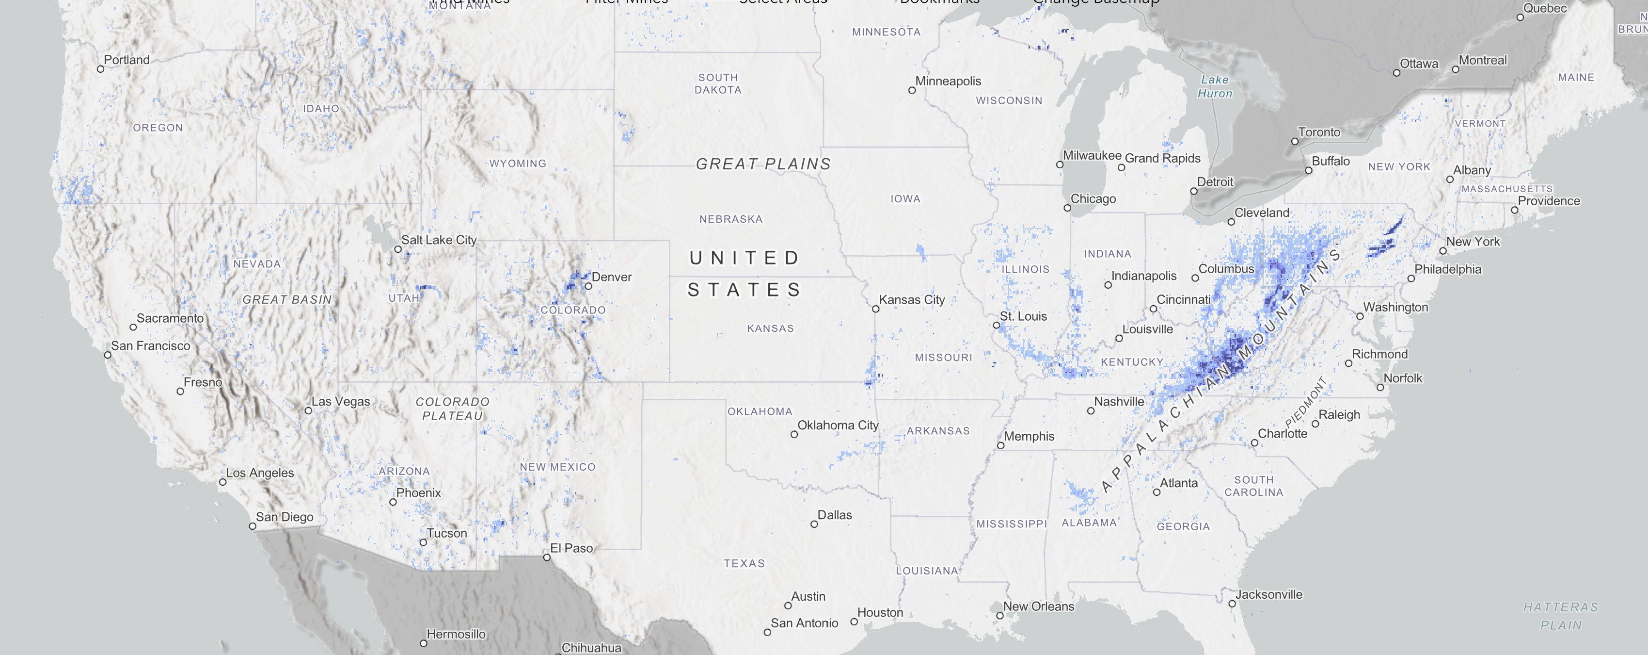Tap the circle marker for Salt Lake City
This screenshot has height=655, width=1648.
pos(398,249)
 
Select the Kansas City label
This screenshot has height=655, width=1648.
pos(911,300)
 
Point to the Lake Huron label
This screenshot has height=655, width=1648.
pos(1214,86)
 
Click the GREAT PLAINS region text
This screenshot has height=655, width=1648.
pos(763,164)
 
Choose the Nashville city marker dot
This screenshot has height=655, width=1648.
pos(1091,411)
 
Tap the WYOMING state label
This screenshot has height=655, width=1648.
pos(518,164)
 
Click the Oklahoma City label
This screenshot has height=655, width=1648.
pos(838,425)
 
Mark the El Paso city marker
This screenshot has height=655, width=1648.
pos(547,557)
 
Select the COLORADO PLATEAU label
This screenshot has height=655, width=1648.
pos(452,409)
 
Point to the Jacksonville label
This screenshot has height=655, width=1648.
pos(1268,594)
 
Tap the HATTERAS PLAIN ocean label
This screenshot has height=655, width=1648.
pos(1560,616)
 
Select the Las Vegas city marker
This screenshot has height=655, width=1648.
pos(308,410)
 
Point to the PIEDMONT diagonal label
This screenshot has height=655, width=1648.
pos(1305,403)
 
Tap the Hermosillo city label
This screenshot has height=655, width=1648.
pos(456,634)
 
